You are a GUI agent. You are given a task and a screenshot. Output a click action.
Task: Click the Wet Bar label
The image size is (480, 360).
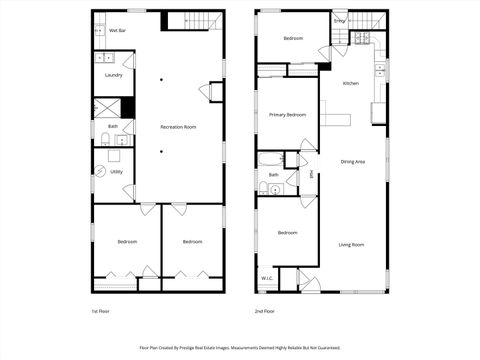[117, 31]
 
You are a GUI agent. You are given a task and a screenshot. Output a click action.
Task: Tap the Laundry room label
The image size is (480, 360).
[113, 75]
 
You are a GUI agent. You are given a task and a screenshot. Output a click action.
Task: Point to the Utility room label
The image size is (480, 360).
[117, 171]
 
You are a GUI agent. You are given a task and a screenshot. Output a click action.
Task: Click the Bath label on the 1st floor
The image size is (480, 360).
[113, 127]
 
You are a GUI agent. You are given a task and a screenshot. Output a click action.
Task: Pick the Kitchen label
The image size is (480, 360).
[351, 83]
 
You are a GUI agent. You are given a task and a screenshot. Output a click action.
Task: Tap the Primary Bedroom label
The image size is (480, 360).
[287, 115]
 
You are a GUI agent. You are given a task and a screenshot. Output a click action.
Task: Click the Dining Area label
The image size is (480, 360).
[352, 161]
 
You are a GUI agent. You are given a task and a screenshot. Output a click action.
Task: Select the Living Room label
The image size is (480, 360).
[351, 245]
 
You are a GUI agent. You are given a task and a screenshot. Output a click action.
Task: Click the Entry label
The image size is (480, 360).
[340, 20]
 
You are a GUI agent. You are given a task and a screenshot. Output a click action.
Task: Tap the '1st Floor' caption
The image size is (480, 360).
[101, 312]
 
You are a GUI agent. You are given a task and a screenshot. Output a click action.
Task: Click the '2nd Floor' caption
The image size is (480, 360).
[265, 312]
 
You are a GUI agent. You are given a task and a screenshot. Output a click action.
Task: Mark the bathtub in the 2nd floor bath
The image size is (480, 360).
[270, 160]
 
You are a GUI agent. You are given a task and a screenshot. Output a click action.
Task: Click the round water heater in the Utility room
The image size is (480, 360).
[100, 171]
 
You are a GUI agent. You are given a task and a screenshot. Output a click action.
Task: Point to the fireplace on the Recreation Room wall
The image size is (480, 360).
[216, 91]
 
